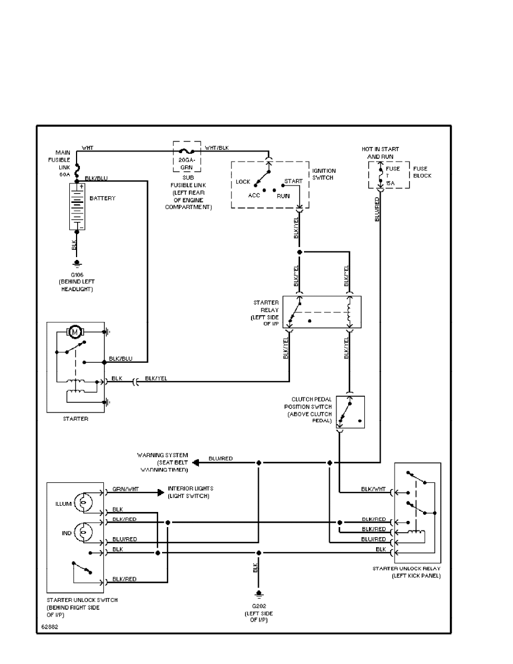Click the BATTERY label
tap(102, 198)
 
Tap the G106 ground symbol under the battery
tap(77, 263)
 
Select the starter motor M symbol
tap(74, 332)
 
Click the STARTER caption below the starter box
tap(75, 418)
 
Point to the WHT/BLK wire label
tap(217, 148)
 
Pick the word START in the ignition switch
tap(293, 182)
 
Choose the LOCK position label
tap(243, 182)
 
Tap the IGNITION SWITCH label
tap(324, 174)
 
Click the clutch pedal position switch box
tap(351, 412)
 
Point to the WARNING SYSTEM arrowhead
tap(195, 462)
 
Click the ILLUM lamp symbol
tap(83, 503)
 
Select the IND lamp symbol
tap(83, 533)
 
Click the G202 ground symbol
tap(258, 594)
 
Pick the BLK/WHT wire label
tap(373, 489)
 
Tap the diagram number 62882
tap(49, 627)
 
